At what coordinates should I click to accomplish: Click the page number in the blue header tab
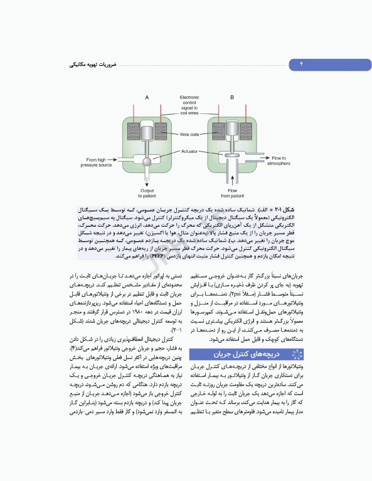(x=300, y=65)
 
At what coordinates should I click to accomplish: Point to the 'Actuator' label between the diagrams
(x=189, y=151)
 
